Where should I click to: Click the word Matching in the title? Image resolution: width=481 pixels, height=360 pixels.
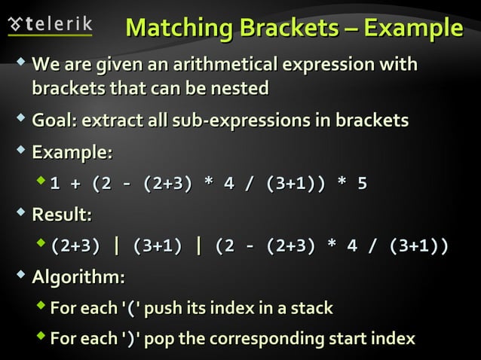pos(179,27)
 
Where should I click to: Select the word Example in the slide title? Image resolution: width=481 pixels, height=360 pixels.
pos(413,27)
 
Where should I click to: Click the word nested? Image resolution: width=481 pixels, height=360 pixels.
pos(240,88)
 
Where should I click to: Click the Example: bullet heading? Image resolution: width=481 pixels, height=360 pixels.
pos(72,153)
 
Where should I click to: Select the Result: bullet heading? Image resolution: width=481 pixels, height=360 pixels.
pos(62,215)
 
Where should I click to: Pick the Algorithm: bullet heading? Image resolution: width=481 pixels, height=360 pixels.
pos(78,277)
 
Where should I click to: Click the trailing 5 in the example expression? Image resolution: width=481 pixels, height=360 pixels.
pos(362,183)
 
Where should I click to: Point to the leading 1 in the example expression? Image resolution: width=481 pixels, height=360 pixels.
pos(55,183)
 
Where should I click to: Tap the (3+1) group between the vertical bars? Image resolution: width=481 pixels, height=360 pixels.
pos(157,246)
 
